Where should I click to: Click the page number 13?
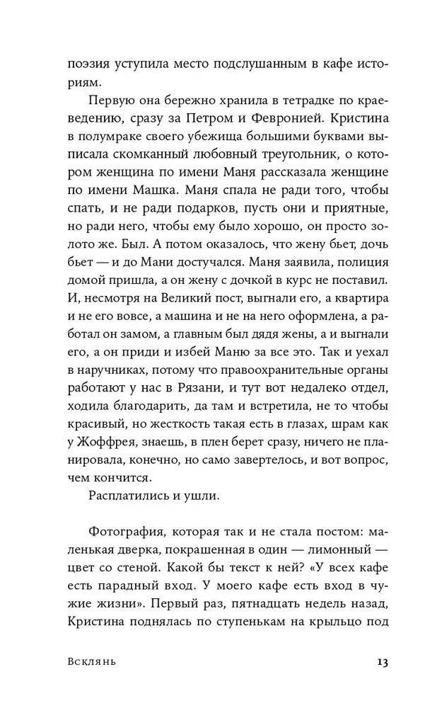pos(383,663)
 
